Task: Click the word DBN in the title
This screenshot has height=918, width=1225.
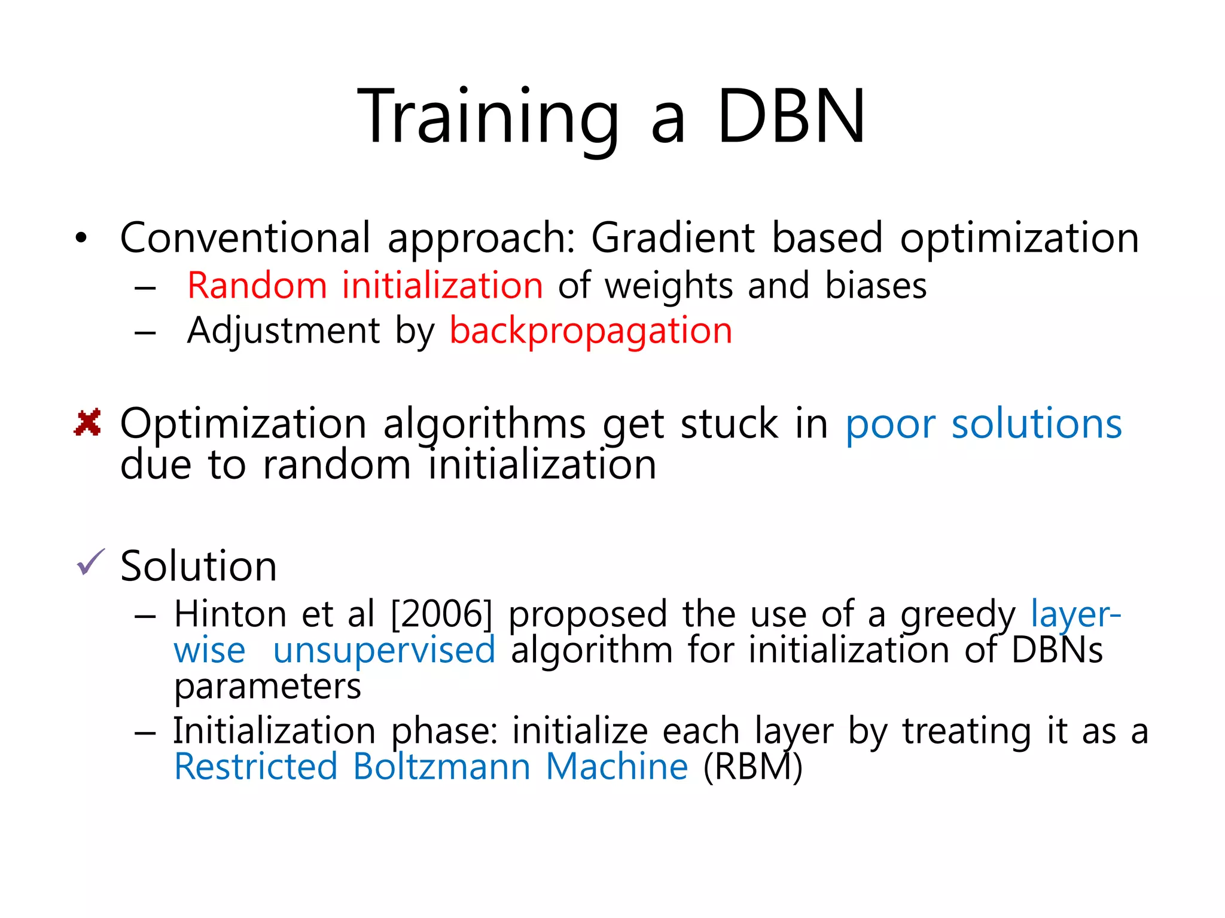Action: click(791, 117)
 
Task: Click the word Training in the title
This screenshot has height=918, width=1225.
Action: click(487, 117)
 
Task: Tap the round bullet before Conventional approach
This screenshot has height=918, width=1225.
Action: click(81, 239)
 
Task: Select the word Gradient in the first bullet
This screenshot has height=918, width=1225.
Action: click(672, 238)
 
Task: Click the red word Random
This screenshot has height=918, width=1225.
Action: click(257, 286)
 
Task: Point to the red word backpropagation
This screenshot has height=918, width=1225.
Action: click(590, 331)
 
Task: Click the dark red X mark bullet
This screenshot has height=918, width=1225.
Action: click(87, 423)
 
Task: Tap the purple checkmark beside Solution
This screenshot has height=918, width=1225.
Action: click(90, 562)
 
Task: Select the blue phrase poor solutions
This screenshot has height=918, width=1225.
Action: click(983, 424)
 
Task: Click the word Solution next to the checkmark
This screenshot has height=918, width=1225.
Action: click(199, 566)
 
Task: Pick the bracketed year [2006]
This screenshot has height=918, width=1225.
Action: click(441, 614)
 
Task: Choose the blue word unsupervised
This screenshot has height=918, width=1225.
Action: click(384, 650)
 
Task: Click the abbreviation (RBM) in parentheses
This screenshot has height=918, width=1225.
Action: click(752, 767)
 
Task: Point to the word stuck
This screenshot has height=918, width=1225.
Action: click(729, 424)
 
